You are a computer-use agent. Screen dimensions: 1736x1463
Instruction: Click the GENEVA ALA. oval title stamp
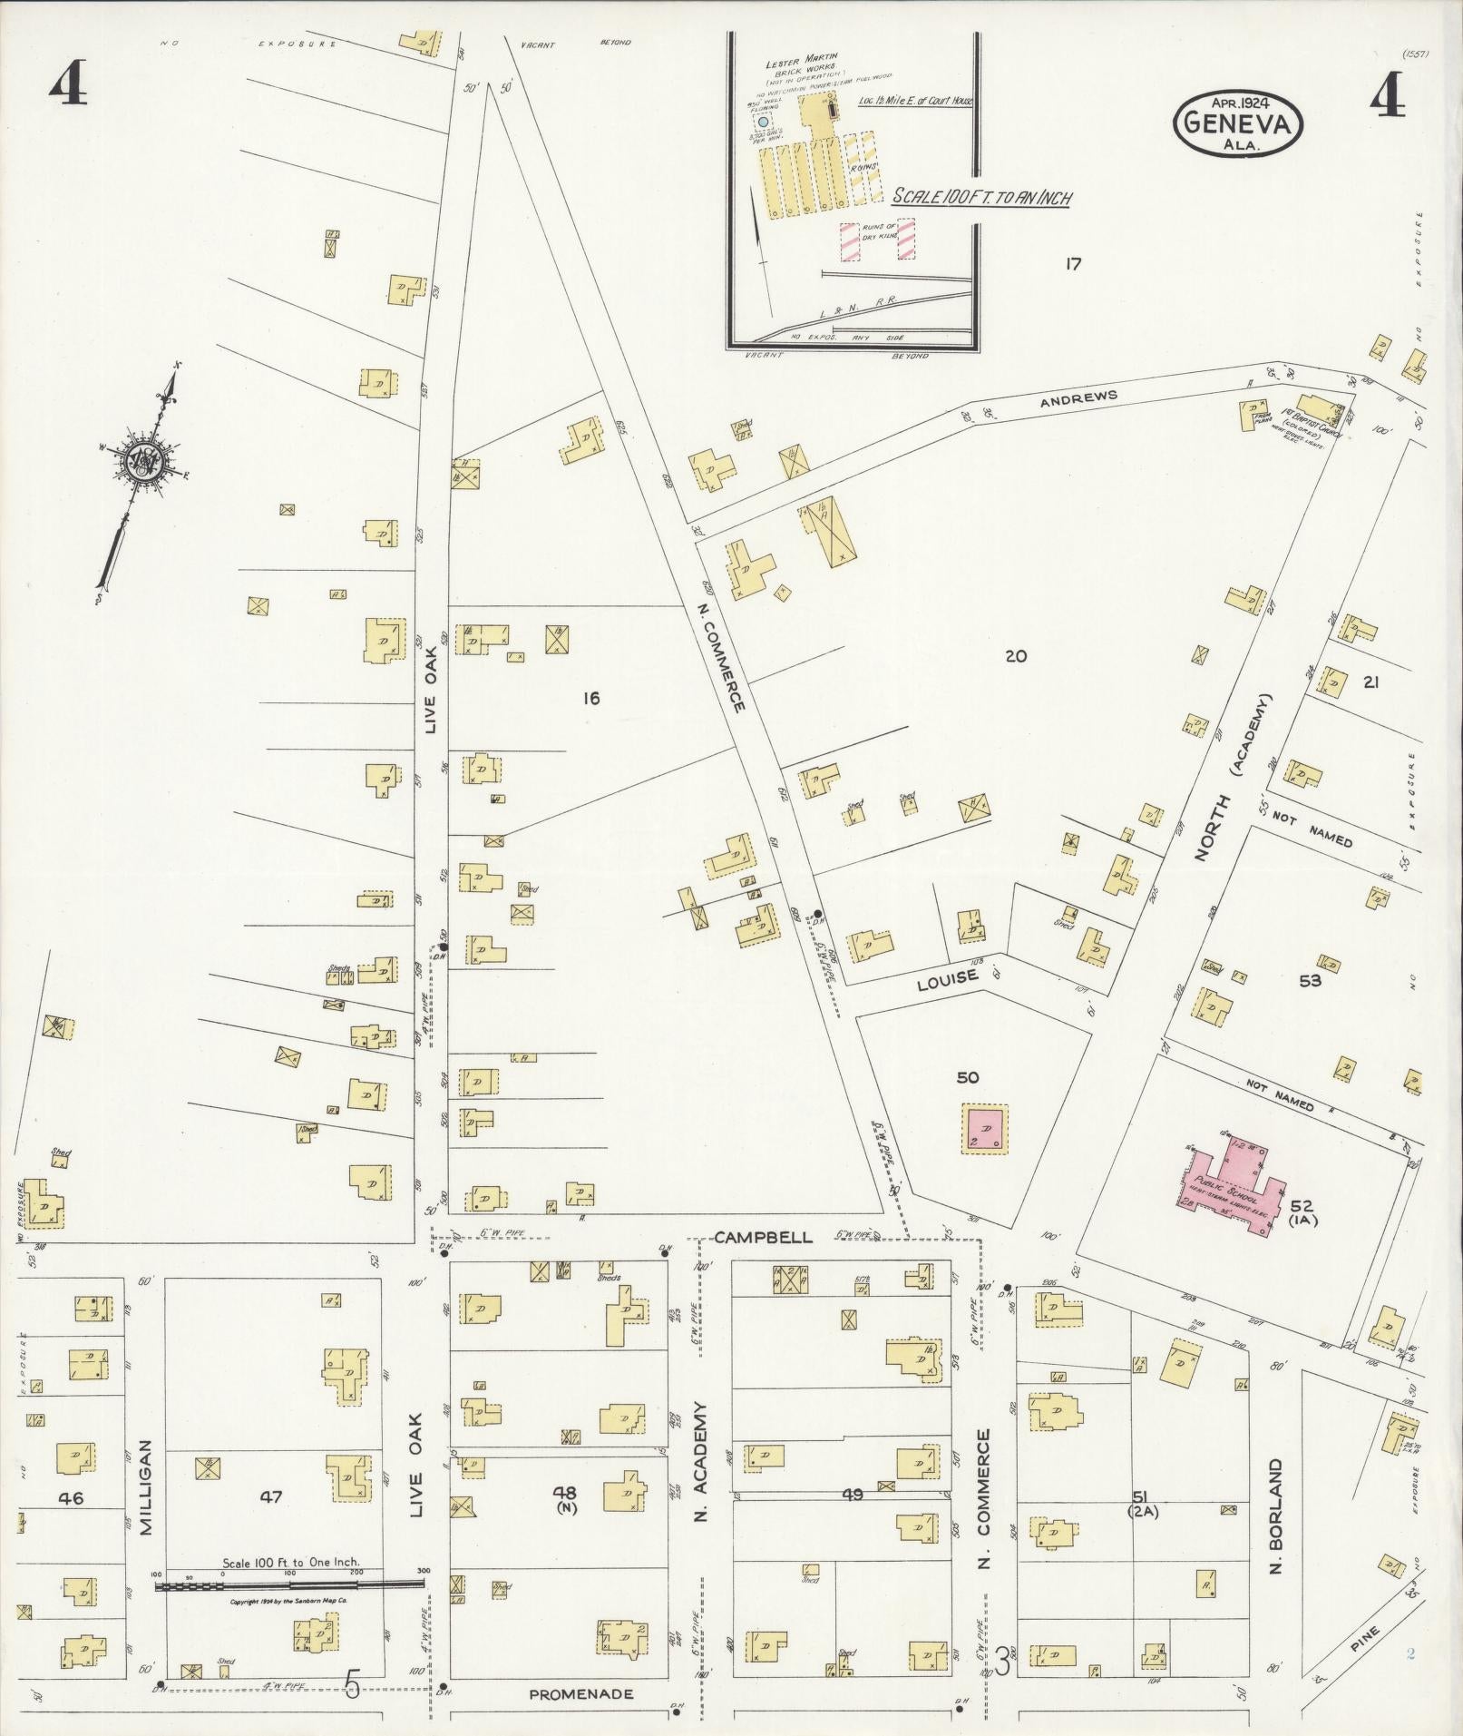point(1238,126)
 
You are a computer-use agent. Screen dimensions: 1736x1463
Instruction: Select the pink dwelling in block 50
point(985,1129)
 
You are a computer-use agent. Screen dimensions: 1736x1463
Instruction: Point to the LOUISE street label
point(947,976)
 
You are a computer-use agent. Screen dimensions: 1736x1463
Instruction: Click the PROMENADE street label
point(580,1693)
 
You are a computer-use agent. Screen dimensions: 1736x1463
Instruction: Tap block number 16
point(591,698)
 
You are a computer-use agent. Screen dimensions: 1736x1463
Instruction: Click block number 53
point(1310,980)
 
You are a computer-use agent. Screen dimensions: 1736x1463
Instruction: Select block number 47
point(271,1497)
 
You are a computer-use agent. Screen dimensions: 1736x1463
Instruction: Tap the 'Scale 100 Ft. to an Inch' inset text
point(980,197)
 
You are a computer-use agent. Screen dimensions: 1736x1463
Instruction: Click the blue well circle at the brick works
point(763,121)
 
